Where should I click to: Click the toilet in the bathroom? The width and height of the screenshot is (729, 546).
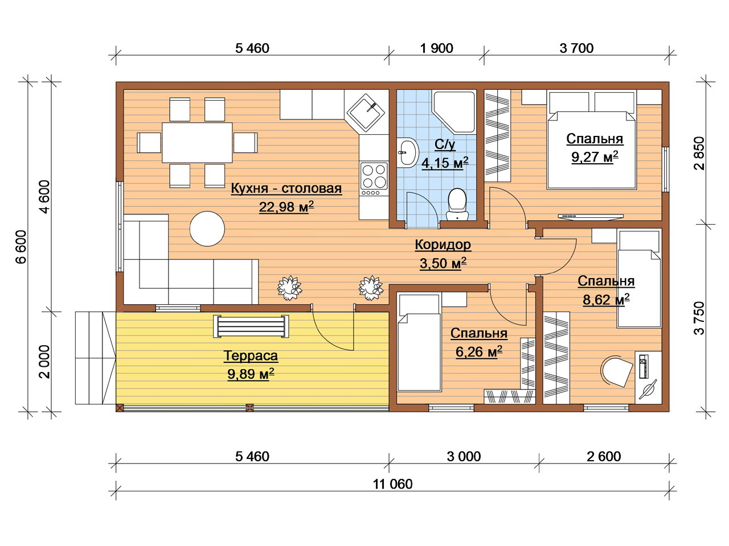tap(457, 204)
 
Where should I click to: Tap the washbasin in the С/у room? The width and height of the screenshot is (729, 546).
tap(407, 152)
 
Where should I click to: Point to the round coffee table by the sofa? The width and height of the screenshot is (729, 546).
tap(207, 229)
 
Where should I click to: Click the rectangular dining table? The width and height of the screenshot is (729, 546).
tap(197, 143)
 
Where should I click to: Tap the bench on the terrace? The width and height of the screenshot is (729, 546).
tap(251, 326)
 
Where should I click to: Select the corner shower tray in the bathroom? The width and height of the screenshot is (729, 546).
tap(454, 113)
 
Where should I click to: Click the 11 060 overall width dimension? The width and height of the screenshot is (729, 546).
tap(392, 485)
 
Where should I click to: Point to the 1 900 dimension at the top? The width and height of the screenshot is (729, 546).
tap(436, 48)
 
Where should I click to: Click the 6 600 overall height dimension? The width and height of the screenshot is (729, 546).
tap(21, 247)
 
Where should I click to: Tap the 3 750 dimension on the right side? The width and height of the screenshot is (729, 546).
tap(699, 318)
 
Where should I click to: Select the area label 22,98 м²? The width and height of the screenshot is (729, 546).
tap(286, 207)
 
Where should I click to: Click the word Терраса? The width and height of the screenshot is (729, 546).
tap(251, 355)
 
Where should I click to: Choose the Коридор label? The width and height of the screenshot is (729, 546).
tap(443, 245)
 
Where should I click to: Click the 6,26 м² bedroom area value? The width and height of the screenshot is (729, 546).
tap(478, 351)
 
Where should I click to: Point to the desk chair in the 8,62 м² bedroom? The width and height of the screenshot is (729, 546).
tap(617, 371)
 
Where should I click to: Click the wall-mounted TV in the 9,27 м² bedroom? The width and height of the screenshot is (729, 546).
tap(591, 217)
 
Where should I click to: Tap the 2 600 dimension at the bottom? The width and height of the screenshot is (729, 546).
tap(604, 457)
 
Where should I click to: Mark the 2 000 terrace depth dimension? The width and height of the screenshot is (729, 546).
tap(44, 362)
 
